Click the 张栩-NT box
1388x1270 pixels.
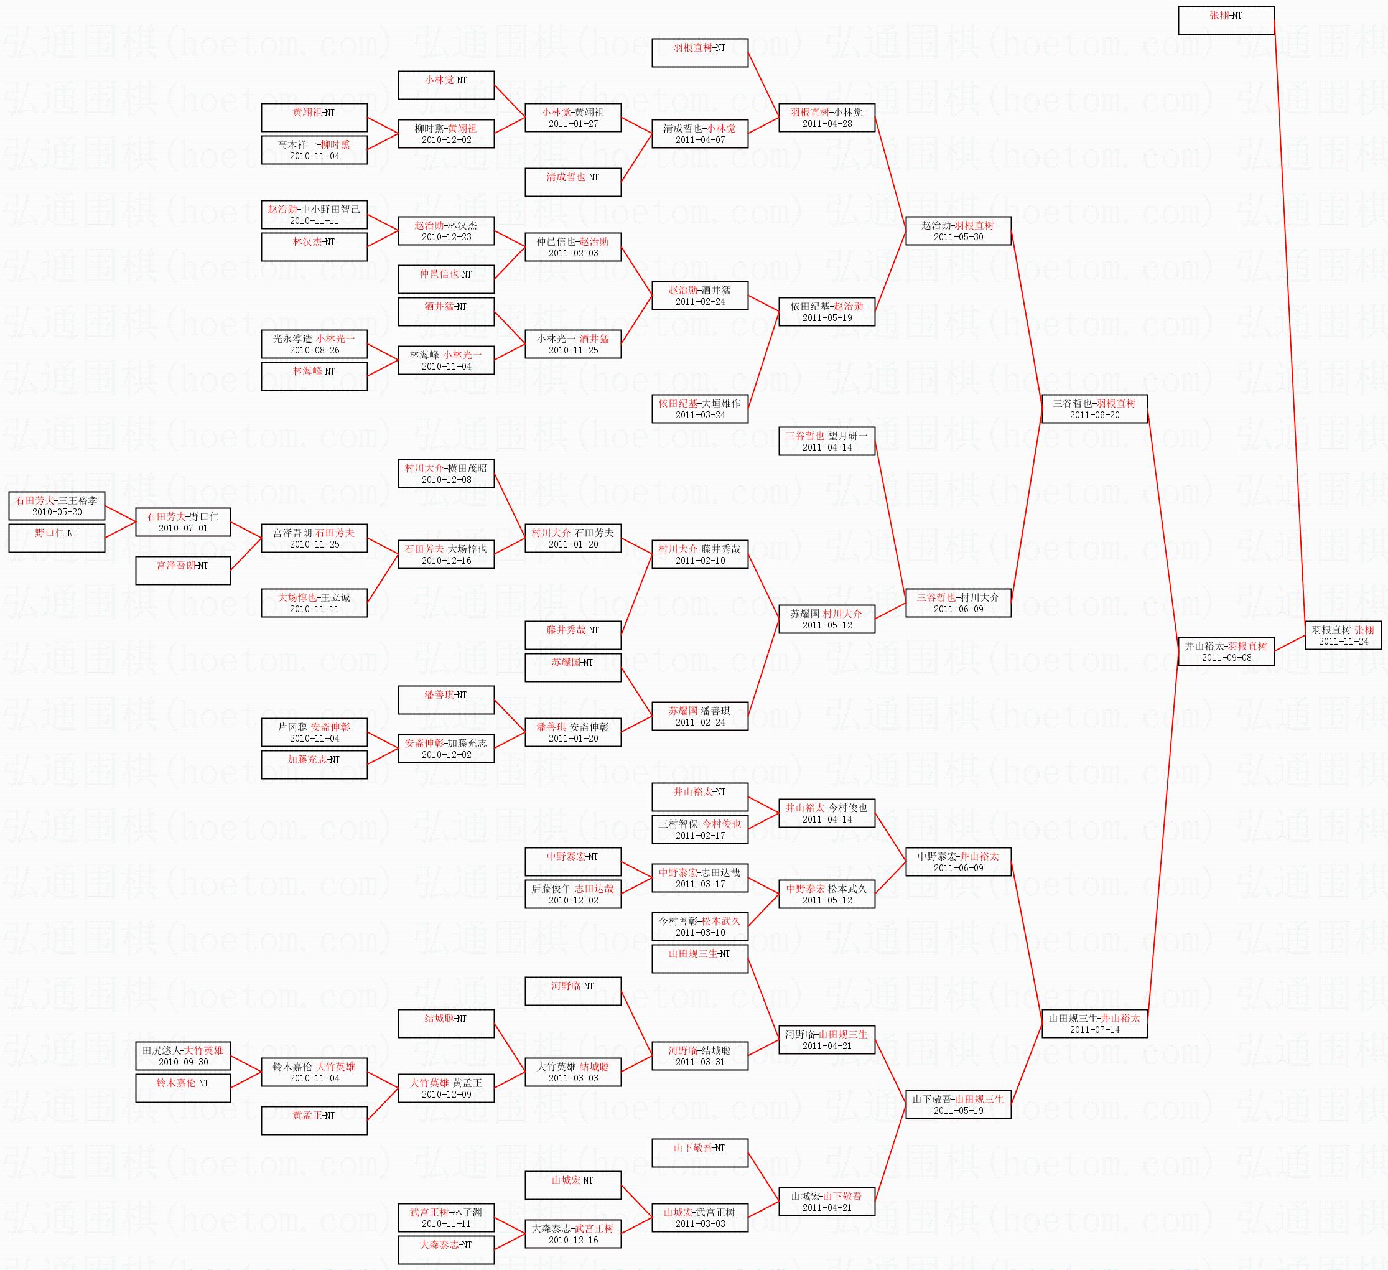1226,20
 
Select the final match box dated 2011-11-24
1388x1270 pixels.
1343,635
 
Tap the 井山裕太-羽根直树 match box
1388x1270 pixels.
1226,651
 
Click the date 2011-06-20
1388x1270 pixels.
1094,414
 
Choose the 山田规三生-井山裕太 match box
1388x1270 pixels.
1094,1024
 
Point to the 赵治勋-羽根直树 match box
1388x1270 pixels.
957,231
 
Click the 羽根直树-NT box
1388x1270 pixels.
699,53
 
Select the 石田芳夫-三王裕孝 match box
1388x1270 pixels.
57,505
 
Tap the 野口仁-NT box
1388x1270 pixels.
57,538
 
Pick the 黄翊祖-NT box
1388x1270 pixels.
314,117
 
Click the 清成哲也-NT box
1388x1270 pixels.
573,182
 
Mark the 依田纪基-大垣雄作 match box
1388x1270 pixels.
699,408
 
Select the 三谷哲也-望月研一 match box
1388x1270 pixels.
826,441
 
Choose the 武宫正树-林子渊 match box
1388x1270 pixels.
446,1218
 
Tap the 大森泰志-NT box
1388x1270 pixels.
446,1250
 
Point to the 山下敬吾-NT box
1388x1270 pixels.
699,1153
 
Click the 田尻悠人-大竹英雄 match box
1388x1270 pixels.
182,1056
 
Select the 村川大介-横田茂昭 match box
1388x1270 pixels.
446,473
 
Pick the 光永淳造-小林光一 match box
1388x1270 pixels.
314,343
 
